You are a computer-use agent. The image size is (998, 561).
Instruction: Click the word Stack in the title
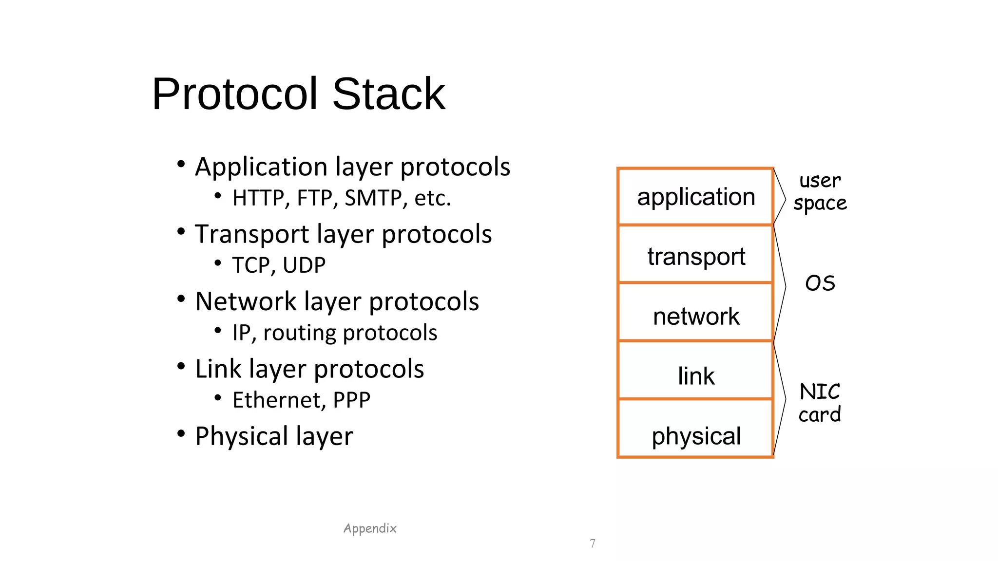[x=388, y=94]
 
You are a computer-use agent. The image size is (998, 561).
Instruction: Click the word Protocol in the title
[x=235, y=94]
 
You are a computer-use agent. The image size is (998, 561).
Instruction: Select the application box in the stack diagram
[x=695, y=197]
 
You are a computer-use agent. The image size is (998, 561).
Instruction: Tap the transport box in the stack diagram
[x=695, y=255]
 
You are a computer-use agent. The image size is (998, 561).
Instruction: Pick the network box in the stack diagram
[x=695, y=315]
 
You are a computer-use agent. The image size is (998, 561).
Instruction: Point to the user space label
[x=820, y=192]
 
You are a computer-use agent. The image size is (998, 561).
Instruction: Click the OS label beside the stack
[x=820, y=283]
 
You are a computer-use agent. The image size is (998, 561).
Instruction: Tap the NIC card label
[x=820, y=403]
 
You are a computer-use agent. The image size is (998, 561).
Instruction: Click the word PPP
[x=351, y=400]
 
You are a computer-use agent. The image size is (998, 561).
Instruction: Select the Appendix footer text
[x=370, y=528]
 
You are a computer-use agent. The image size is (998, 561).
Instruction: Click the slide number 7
[x=592, y=543]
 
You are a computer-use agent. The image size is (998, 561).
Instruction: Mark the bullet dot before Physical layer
[x=181, y=433]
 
